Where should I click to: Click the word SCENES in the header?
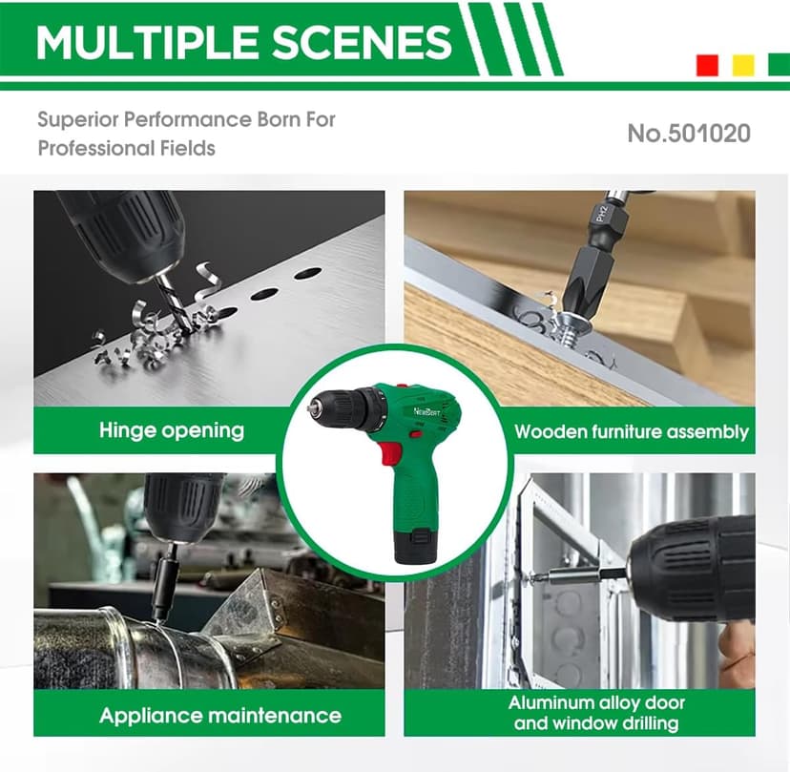coord(362,42)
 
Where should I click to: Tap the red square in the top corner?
coord(707,66)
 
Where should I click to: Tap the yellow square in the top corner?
coord(743,66)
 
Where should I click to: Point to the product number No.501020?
coord(689,134)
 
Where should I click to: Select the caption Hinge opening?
coord(172,430)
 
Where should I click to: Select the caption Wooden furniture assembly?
coord(632,432)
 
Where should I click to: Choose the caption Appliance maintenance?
coord(220,715)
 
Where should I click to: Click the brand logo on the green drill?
coord(426,412)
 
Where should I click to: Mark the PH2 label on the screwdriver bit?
coord(600,212)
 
